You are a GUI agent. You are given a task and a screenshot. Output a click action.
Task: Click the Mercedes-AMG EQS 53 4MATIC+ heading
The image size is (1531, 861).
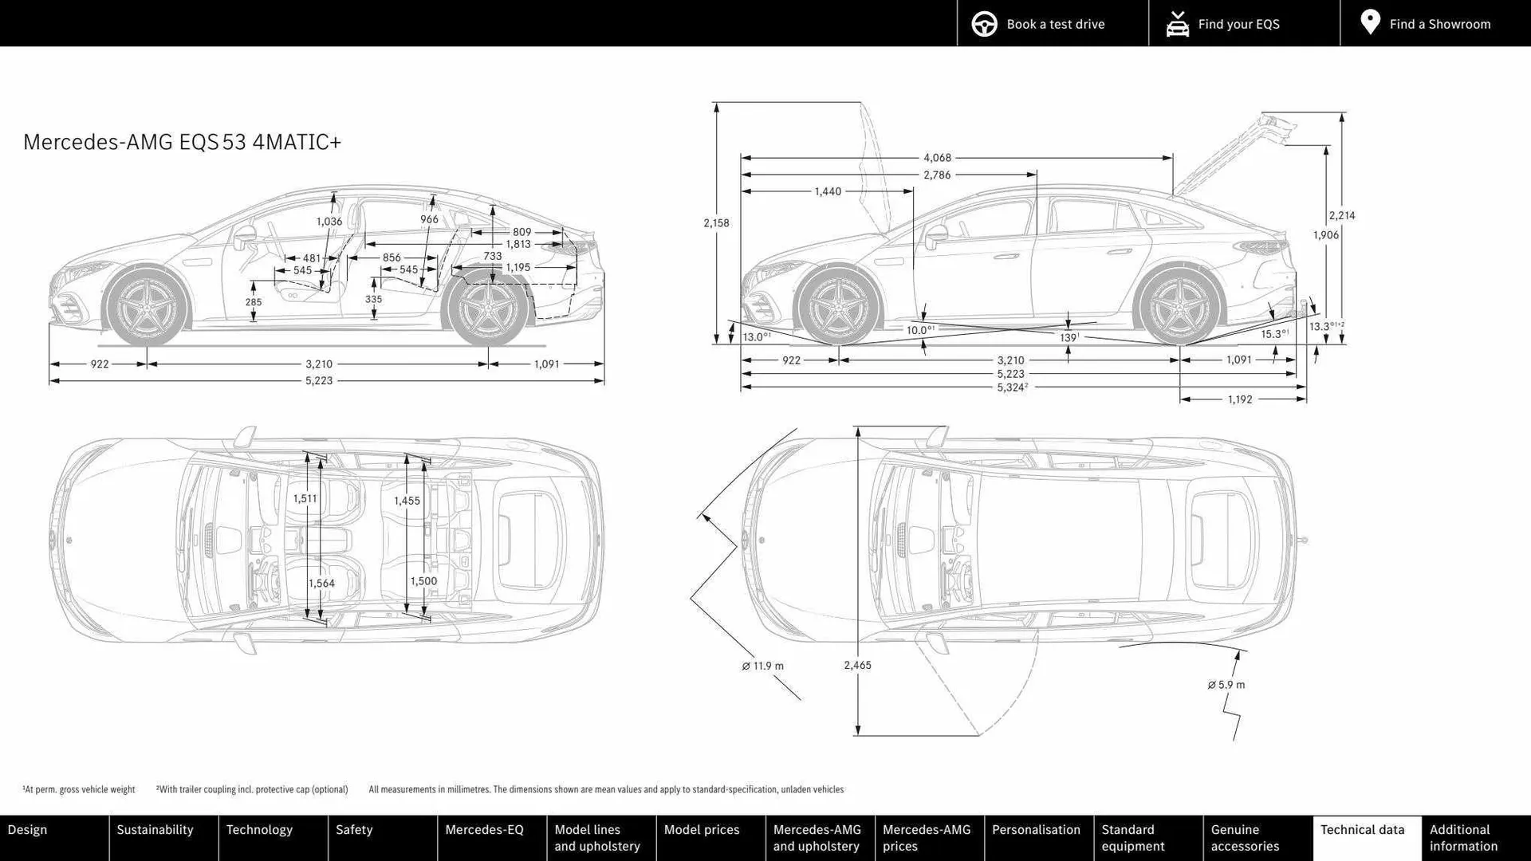click(x=182, y=142)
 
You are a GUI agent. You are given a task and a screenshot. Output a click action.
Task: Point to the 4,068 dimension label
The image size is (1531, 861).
click(x=937, y=158)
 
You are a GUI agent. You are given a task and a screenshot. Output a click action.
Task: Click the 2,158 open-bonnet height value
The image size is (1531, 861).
click(x=716, y=223)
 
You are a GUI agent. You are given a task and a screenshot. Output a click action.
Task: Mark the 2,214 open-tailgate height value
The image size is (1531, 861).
click(x=1341, y=215)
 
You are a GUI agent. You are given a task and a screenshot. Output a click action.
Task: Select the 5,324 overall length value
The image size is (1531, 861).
click(x=1011, y=387)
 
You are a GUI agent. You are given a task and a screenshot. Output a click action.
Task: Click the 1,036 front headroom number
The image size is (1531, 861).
click(x=329, y=222)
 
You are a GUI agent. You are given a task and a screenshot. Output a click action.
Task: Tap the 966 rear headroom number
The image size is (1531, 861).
click(x=429, y=219)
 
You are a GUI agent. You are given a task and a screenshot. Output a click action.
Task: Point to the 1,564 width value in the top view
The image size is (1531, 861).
click(x=321, y=584)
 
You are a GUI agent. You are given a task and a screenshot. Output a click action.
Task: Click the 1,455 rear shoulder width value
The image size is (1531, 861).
click(x=407, y=501)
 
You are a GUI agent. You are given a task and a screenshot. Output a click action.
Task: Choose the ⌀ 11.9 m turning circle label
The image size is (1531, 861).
click(x=762, y=666)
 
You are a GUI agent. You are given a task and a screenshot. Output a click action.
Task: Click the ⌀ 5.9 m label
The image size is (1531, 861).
click(x=1226, y=685)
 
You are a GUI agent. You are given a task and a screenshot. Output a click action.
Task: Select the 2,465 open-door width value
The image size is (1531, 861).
click(x=857, y=665)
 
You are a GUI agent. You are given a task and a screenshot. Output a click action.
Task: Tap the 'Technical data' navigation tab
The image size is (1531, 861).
click(x=1362, y=830)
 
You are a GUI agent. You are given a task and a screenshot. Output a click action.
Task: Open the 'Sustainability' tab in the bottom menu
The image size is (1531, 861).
click(x=155, y=830)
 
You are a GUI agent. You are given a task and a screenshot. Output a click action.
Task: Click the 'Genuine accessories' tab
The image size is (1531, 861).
click(x=1245, y=838)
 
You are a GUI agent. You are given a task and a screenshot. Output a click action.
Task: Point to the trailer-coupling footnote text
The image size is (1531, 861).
click(x=252, y=789)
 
